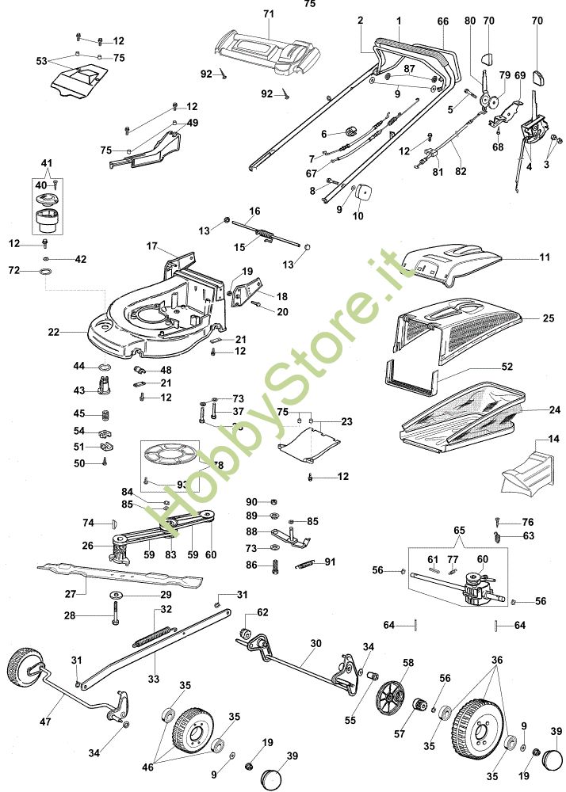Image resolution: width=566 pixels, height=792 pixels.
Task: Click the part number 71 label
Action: (268, 15)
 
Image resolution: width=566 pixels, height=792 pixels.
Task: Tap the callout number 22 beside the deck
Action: (54, 333)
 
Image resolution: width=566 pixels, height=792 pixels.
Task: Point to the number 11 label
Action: (545, 258)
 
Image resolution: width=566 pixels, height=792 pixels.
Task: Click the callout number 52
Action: (507, 367)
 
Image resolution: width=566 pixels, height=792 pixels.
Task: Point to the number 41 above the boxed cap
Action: (46, 163)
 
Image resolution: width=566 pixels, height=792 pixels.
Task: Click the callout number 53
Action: (42, 60)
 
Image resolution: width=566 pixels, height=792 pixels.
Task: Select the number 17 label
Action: (152, 246)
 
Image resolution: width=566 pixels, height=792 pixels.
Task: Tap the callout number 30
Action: (316, 643)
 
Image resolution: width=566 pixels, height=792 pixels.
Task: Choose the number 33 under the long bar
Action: (154, 678)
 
